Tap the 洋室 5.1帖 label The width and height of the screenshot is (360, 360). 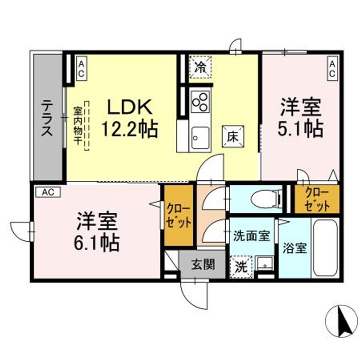[300, 117]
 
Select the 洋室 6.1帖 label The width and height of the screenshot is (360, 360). [96, 231]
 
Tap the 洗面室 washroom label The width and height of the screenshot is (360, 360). [251, 236]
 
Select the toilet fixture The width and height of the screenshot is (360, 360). [267, 198]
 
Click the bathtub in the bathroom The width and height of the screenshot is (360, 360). [326, 248]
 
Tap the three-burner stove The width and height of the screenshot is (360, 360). [200, 101]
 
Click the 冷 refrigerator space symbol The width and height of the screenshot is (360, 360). [200, 67]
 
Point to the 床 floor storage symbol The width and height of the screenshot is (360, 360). [233, 136]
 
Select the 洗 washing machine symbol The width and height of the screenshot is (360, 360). [241, 267]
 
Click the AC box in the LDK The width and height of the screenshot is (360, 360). [81, 67]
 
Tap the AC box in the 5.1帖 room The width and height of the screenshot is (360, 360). [332, 67]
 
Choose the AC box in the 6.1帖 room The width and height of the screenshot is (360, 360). [48, 192]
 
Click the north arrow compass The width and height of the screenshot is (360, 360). [341, 319]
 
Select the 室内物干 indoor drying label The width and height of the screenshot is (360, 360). [77, 125]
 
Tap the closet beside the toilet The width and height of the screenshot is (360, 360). [317, 199]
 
